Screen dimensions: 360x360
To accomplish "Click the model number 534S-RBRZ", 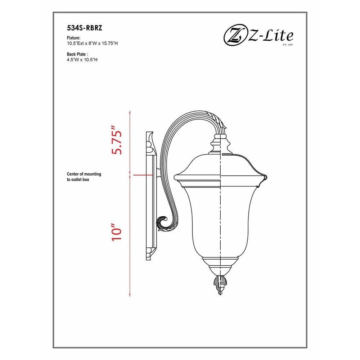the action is (x=85, y=28).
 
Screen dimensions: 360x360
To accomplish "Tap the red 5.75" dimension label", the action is (x=116, y=140).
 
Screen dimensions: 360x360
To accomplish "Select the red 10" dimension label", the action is (x=116, y=232).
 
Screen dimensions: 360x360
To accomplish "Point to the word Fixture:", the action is (x=73, y=38).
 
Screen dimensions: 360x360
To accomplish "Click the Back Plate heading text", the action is (x=77, y=54).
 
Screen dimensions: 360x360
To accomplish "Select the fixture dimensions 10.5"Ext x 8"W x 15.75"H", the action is (x=92, y=44).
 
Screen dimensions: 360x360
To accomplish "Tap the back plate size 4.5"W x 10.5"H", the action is (x=82, y=60).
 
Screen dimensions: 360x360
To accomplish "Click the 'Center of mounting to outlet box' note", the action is (x=84, y=177).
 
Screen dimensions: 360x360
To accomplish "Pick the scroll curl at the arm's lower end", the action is (x=164, y=223).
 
